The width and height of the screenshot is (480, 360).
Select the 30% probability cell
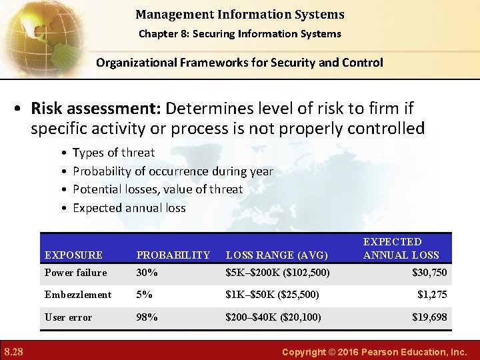[x=147, y=273]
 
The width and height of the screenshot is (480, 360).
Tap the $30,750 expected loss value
[x=429, y=273]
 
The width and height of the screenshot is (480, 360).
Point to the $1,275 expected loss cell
[x=432, y=295]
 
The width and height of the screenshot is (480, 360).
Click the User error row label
[x=68, y=317]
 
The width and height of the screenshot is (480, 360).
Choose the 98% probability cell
[x=147, y=317]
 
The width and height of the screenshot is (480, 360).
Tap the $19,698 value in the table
[x=429, y=317]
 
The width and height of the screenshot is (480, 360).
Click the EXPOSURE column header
[x=73, y=255]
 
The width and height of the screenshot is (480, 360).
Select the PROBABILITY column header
[x=173, y=255]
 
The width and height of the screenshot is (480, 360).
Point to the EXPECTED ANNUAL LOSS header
[x=401, y=248]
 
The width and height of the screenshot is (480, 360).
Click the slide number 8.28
[x=14, y=351]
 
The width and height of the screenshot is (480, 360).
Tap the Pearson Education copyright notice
[x=375, y=351]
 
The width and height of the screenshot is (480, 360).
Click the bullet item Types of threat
[x=113, y=153]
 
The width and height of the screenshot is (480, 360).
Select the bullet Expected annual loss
[x=129, y=208]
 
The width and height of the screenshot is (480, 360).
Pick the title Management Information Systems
[x=240, y=14]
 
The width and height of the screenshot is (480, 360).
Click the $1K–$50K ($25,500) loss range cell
[x=272, y=295]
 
